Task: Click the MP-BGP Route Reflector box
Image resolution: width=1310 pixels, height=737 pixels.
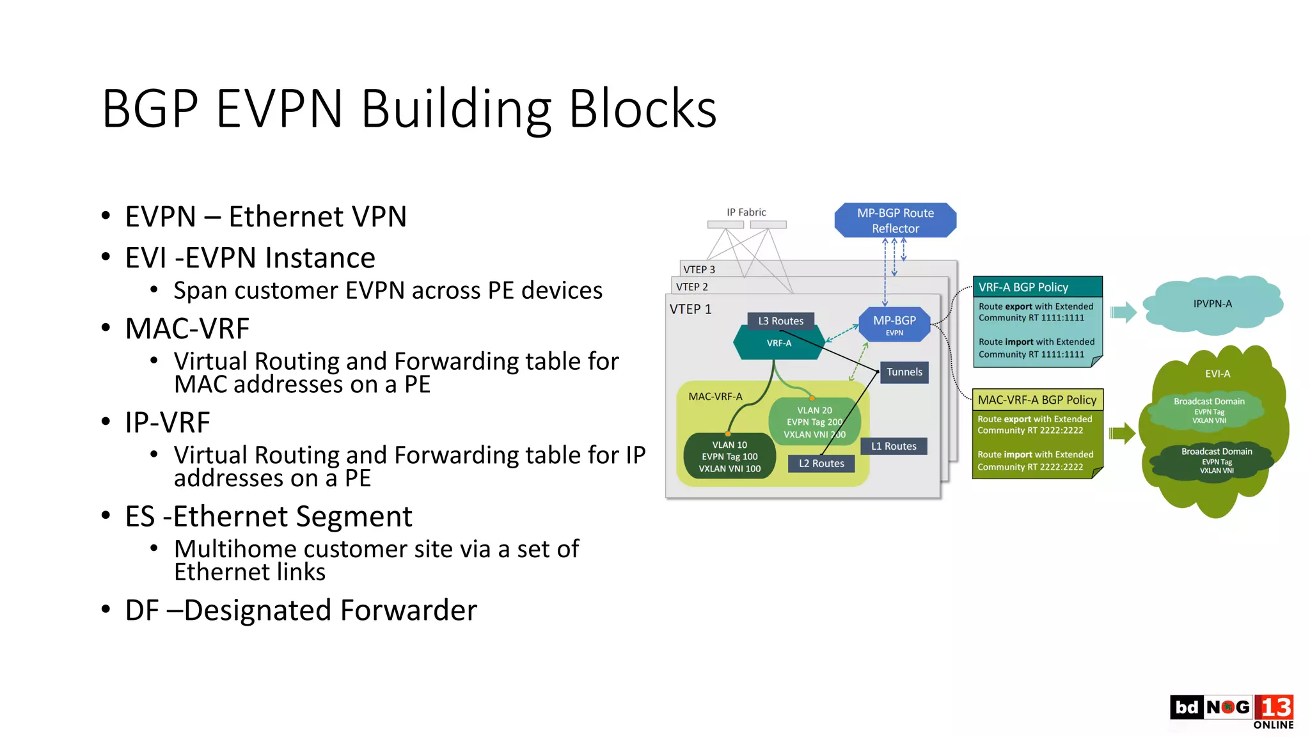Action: (895, 220)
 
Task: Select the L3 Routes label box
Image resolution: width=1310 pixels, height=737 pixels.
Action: (780, 321)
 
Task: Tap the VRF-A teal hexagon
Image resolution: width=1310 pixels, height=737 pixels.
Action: (778, 344)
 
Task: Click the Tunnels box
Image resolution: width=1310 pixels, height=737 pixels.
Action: (904, 372)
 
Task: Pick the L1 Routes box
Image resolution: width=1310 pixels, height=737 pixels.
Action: (894, 446)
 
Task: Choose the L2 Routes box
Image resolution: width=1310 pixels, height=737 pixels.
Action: (821, 463)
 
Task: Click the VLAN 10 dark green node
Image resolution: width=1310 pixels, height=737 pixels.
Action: (729, 456)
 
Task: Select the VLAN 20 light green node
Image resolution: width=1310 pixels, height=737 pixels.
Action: (814, 422)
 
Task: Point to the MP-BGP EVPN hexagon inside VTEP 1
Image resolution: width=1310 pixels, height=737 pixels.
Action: (894, 324)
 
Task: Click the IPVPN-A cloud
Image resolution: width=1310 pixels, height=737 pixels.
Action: (1212, 304)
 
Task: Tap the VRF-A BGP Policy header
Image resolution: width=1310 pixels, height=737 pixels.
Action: (1036, 287)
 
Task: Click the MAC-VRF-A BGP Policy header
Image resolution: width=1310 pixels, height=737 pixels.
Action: (1037, 400)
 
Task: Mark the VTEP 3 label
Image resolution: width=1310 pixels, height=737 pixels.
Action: (698, 269)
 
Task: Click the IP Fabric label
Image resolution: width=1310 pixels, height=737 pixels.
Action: (746, 212)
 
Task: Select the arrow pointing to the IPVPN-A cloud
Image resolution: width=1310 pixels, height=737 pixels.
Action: (1123, 312)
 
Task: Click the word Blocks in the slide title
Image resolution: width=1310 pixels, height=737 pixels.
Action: (642, 109)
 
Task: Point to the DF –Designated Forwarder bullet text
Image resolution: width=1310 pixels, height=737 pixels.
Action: (301, 610)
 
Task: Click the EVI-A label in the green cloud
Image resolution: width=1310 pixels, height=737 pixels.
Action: (1217, 374)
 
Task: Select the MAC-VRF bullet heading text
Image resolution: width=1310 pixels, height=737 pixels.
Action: (187, 329)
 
